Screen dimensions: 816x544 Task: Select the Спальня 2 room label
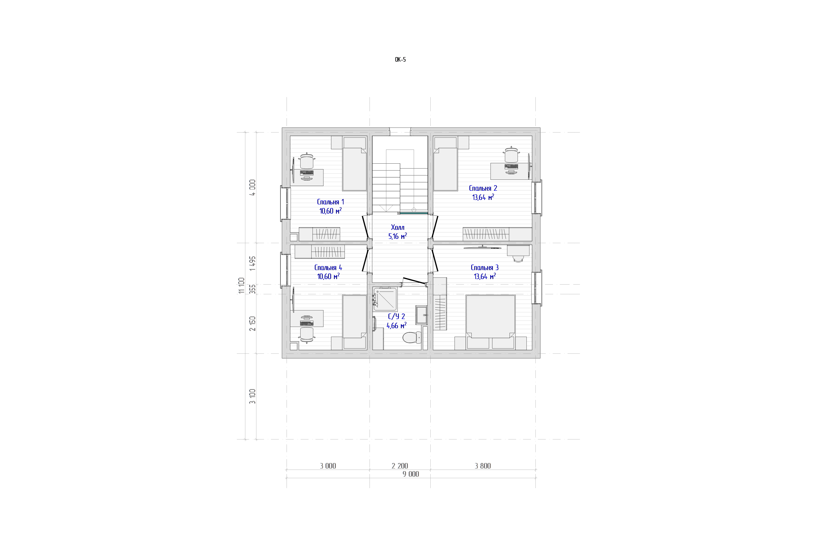tap(483, 188)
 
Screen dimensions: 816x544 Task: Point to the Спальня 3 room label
tap(485, 267)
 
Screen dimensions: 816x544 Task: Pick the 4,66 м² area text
tap(397, 325)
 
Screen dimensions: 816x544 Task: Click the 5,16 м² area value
tap(398, 236)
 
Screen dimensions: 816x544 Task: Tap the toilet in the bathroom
tap(412, 337)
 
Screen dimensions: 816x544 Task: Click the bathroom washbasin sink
tap(421, 315)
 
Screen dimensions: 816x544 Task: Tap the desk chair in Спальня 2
tap(511, 155)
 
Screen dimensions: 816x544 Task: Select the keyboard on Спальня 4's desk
tap(307, 323)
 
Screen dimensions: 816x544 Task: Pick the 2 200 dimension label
tap(400, 466)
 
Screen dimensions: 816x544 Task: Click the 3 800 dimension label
tap(483, 466)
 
